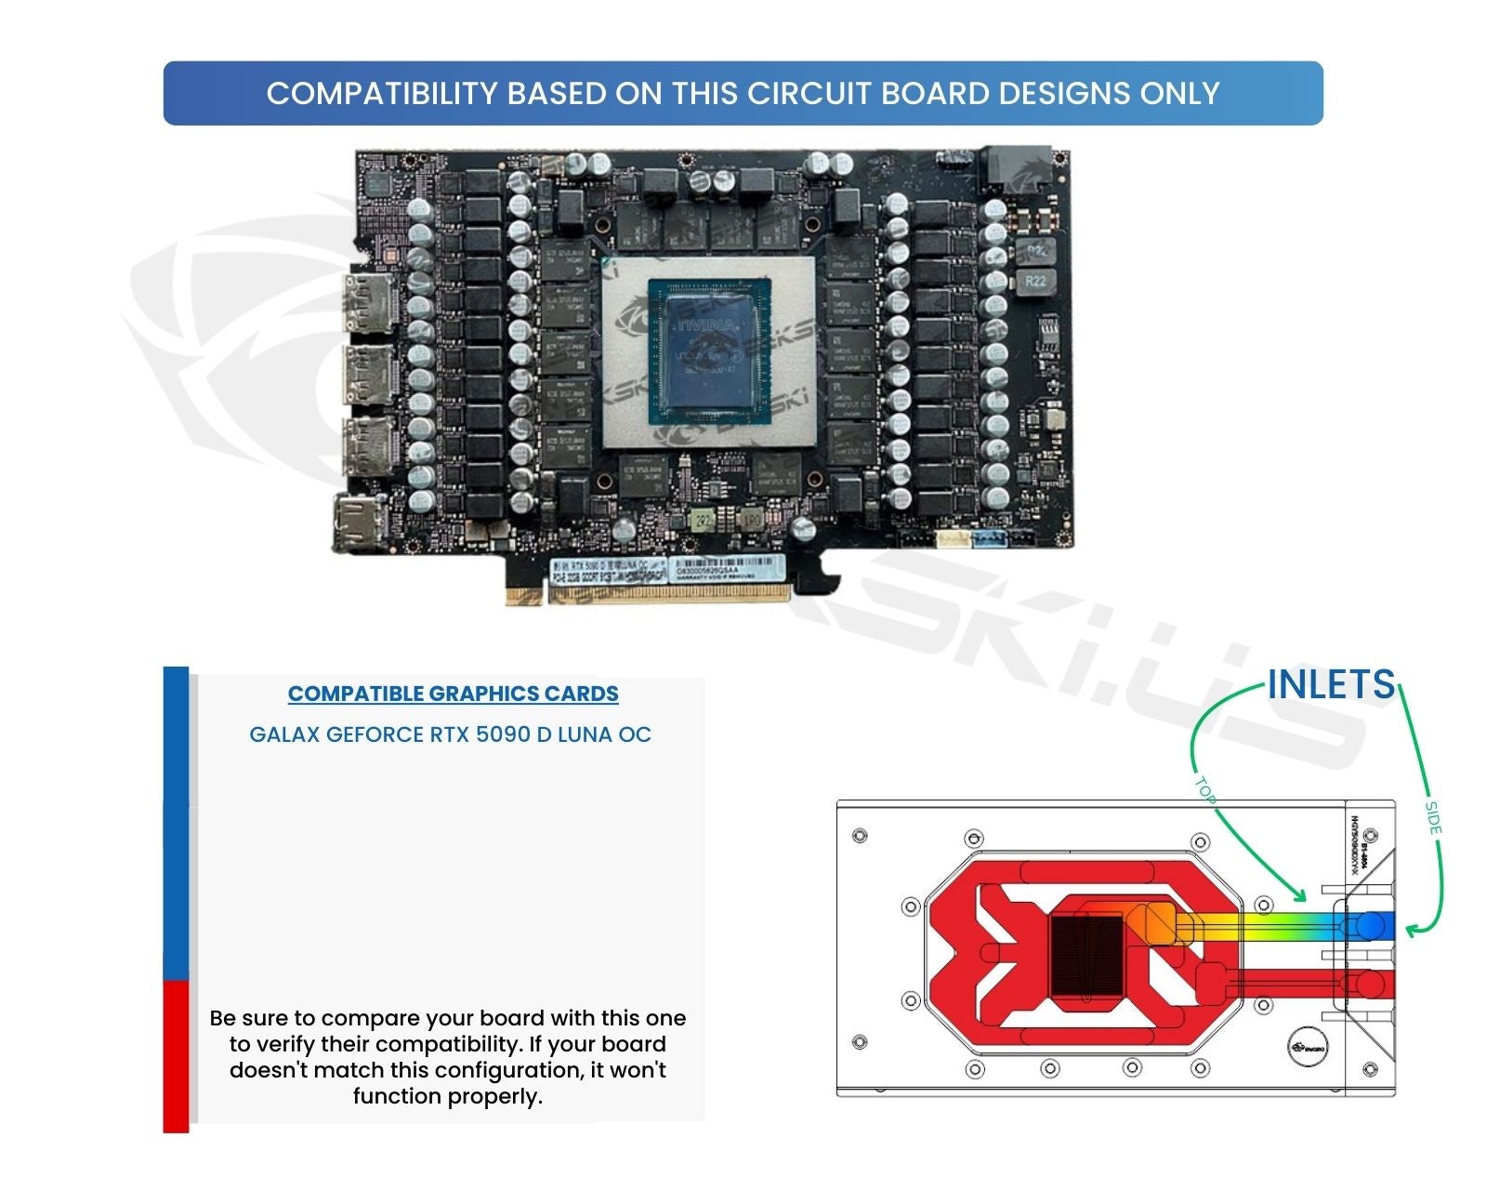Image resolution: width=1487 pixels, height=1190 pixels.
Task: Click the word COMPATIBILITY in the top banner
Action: coord(381,94)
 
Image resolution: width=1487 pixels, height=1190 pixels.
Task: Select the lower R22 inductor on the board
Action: coord(1035,281)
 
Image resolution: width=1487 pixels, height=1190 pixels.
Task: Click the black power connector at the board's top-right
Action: coord(1016,167)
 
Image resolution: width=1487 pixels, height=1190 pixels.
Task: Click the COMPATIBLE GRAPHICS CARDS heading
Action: coord(453,694)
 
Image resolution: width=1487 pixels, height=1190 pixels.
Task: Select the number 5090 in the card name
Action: coord(502,734)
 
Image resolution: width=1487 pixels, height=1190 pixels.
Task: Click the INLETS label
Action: coord(1331,685)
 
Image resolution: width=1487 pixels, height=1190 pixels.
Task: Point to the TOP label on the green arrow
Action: coord(1204,789)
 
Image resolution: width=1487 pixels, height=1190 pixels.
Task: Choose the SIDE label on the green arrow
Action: coord(1433,817)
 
